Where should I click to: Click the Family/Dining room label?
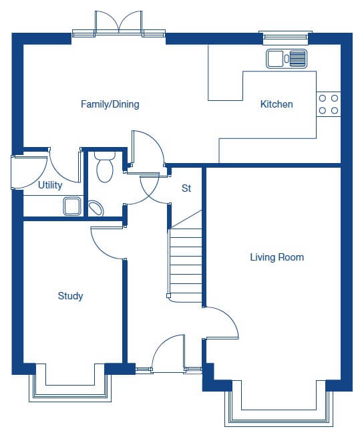(110, 104)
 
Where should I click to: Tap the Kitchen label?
(277, 104)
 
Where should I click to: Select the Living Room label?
(277, 257)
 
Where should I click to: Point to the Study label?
(70, 296)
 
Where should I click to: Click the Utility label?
(50, 185)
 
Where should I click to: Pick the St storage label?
(186, 188)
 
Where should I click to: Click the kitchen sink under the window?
(287, 59)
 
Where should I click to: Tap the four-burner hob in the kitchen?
(329, 104)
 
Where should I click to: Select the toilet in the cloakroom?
(105, 166)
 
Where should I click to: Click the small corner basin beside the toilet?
(96, 208)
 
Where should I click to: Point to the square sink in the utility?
(72, 206)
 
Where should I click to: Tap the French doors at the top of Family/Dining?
(119, 23)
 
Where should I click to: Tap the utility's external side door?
(29, 172)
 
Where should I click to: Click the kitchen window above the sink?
(285, 36)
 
